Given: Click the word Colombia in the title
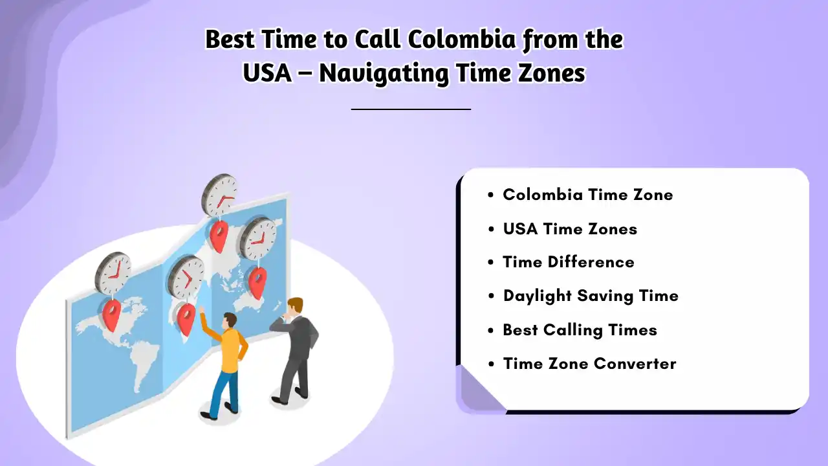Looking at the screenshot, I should pyautogui.click(x=462, y=40).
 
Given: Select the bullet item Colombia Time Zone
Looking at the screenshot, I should pyautogui.click(x=587, y=195).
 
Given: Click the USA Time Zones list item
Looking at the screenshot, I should pyautogui.click(x=570, y=229).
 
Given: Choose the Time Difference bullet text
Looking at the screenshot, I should pyautogui.click(x=568, y=262).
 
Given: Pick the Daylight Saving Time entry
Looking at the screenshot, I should pyautogui.click(x=591, y=296).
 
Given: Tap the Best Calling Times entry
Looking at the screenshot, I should pyautogui.click(x=580, y=330).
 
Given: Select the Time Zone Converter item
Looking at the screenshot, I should pyautogui.click(x=589, y=364).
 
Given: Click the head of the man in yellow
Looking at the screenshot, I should pyautogui.click(x=230, y=321).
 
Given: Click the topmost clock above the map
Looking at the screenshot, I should pyautogui.click(x=219, y=195).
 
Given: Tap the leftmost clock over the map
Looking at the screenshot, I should pyautogui.click(x=113, y=272).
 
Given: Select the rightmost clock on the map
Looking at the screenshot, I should pyautogui.click(x=258, y=238).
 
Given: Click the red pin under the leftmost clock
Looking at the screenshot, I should pyautogui.click(x=112, y=315).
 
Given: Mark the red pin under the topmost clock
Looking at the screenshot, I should pyautogui.click(x=219, y=236).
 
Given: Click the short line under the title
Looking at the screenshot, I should pyautogui.click(x=411, y=109).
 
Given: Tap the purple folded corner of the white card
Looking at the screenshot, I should pyautogui.click(x=477, y=391).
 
